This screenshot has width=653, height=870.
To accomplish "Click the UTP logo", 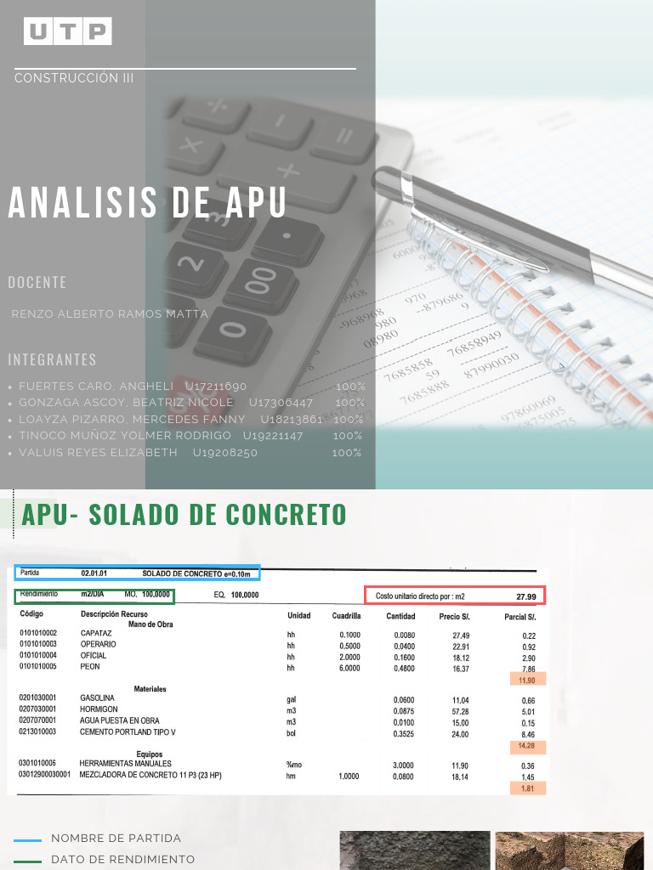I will point(68,31).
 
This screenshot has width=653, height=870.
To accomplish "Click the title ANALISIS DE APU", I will point(147,203).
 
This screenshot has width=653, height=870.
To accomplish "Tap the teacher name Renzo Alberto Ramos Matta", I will point(110,314).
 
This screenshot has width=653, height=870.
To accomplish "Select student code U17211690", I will point(216,387).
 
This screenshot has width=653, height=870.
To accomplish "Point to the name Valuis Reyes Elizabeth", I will point(99,453).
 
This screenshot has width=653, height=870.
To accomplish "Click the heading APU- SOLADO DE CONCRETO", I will point(185,515).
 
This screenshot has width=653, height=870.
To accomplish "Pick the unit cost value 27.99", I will point(526,596).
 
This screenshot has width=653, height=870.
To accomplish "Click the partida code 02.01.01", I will point(94,573).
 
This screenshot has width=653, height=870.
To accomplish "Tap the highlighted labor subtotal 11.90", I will point(526,681).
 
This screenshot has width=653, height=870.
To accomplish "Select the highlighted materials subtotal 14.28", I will point(526,746).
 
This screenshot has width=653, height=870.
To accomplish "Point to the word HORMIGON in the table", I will point(99,709).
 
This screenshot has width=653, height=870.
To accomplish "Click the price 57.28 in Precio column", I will point(459,710).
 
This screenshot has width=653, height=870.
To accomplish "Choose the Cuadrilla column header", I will point(346,616).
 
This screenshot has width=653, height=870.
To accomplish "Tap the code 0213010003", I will point(37,732).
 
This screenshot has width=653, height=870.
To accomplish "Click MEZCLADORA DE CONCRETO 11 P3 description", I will point(150,775).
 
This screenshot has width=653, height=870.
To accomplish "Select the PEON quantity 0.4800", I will point(405,669).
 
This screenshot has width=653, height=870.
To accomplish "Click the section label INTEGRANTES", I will point(52,359).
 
